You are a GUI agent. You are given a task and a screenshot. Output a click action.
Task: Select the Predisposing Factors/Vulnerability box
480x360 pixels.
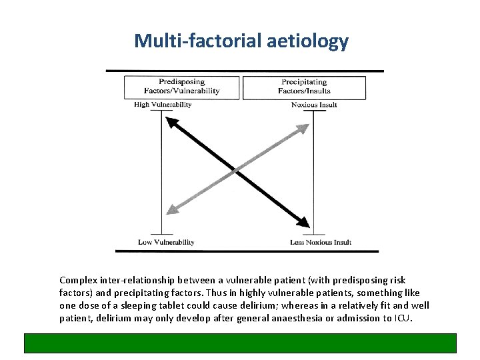[x=181, y=87]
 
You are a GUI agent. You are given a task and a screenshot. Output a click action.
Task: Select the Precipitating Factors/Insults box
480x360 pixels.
[x=305, y=87]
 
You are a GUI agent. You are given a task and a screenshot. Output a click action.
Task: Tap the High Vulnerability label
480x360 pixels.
[x=163, y=105]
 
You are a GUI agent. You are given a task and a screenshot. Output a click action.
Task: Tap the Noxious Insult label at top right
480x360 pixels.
[x=314, y=105]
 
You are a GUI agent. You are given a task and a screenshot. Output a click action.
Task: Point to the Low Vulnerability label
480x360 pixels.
[x=166, y=242]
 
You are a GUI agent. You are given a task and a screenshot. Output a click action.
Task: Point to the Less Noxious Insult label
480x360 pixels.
[x=320, y=242]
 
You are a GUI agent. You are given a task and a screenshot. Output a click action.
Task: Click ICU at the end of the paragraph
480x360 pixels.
[x=403, y=318]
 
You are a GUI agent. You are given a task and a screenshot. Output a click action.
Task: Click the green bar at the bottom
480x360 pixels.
[x=240, y=343]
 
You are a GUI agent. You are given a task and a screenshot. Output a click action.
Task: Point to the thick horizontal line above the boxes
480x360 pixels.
[x=245, y=71]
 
